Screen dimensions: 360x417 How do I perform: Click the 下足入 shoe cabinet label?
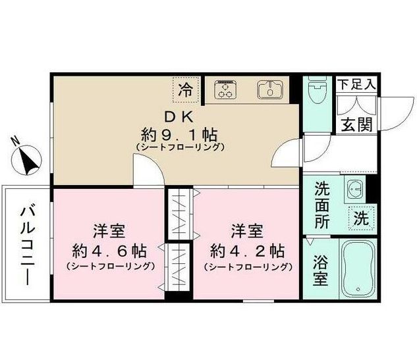tap(356, 84)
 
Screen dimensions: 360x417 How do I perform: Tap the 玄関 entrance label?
tap(356, 123)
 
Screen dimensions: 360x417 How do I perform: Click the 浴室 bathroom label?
tap(320, 270)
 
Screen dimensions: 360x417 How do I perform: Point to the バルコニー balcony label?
tap(27, 244)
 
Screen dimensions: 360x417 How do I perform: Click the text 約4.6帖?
tap(109, 251)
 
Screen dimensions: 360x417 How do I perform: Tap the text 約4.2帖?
tap(247, 251)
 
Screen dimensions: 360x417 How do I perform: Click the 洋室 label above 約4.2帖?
tap(247, 232)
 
